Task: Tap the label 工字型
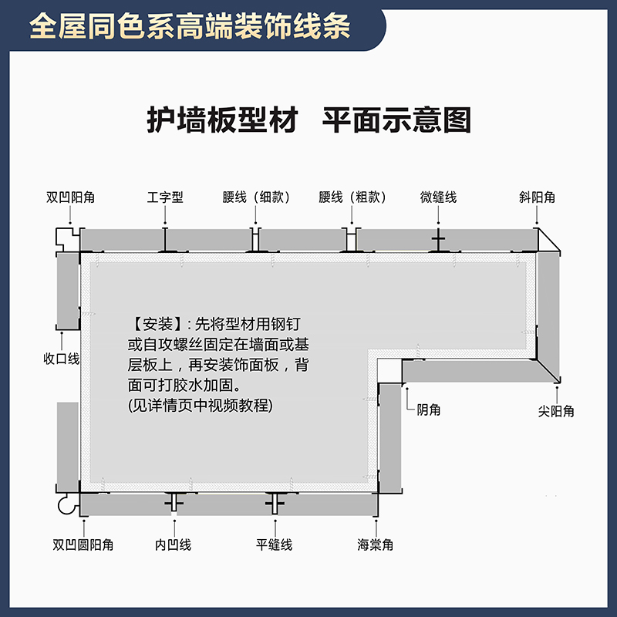pos(165,197)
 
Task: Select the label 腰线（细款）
pos(256,197)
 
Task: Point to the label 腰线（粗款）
pos(352,197)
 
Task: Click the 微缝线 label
pos(438,197)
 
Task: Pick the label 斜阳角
pos(537,197)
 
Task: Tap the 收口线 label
pos(62,359)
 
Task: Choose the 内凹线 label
pos(173,545)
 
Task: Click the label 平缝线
pos(274,545)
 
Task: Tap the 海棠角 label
pos(375,545)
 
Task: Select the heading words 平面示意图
pos(396,120)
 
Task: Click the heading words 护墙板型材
pos(222,120)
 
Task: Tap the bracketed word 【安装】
pos(157,323)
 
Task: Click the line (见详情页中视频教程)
pos(200,405)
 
